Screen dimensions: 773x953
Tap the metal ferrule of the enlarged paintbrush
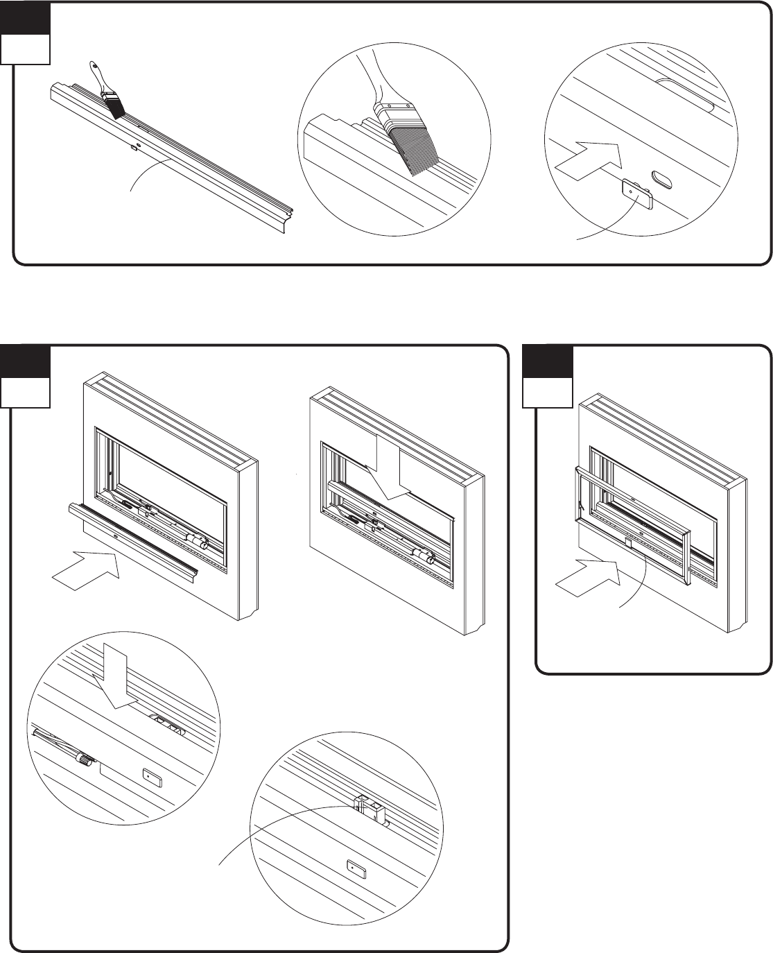(392, 112)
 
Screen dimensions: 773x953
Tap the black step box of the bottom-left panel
(25, 362)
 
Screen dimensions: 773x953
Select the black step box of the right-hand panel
(548, 362)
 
